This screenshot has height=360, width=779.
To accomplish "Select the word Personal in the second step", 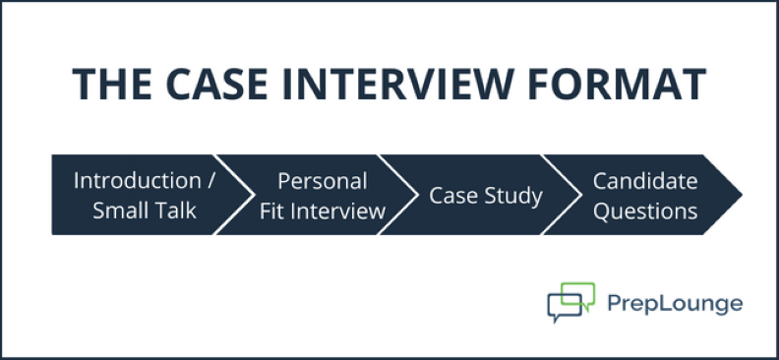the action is coord(322,181).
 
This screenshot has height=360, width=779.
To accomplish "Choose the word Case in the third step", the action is coord(450,195).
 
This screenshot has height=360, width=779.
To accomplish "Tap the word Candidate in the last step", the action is coord(644,181).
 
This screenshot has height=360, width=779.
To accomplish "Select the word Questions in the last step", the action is coord(644,210).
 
